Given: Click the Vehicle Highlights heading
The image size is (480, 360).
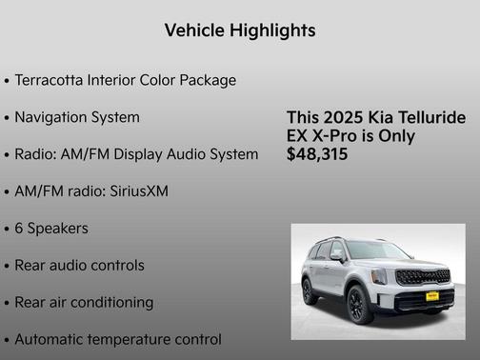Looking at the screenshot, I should (x=239, y=30).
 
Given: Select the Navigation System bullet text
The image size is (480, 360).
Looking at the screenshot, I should (x=77, y=117).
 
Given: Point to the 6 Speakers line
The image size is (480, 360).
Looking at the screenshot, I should (x=51, y=229).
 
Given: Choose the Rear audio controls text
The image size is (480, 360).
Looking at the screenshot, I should (x=79, y=266).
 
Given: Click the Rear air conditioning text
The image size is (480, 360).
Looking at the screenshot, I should (x=84, y=303).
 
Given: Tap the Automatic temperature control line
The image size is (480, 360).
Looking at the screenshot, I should (x=118, y=340).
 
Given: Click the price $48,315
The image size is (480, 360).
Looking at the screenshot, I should (x=317, y=154).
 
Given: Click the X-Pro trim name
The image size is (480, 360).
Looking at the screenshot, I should (x=350, y=136).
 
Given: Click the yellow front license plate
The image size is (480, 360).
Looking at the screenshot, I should (x=431, y=296).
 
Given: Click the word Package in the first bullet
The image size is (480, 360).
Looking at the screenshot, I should (x=209, y=80).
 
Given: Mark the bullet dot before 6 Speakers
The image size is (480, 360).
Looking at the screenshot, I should (x=7, y=230).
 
